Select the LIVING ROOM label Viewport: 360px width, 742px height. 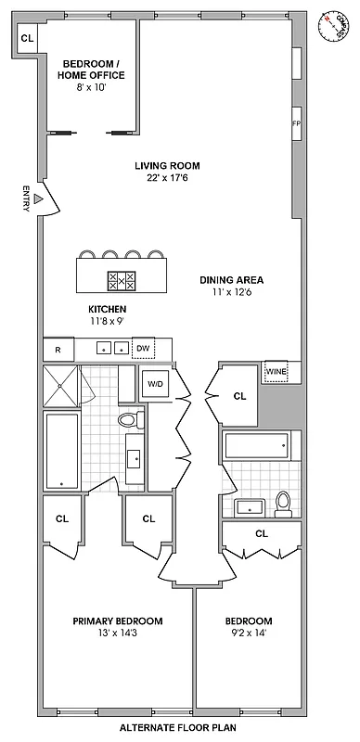coord(166,166)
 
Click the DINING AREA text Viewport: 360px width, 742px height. coord(232,279)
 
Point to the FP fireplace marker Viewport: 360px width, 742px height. coord(296,122)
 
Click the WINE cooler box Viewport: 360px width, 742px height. coord(276,371)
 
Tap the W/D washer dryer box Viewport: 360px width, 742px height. coord(155,383)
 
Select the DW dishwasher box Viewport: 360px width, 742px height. coord(143,349)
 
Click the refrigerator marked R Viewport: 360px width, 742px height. coord(58,350)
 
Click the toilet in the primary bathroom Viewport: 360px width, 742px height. coord(129,421)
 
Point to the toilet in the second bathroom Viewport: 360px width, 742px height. coord(284,504)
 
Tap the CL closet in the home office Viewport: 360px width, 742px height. coord(27,38)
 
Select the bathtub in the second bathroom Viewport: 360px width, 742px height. coord(258,447)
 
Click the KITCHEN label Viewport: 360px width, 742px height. coord(107,309)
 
